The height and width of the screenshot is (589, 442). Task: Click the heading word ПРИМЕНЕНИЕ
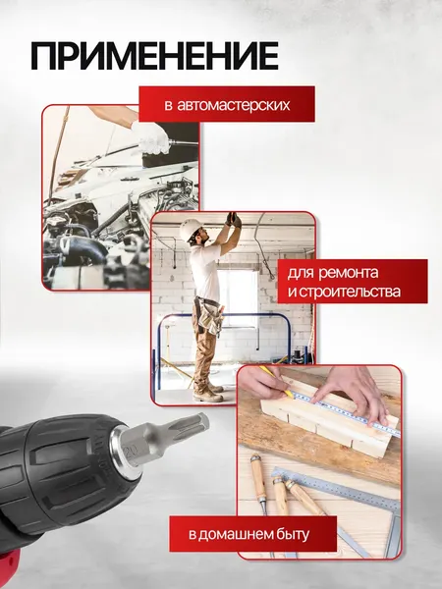coord(153,56)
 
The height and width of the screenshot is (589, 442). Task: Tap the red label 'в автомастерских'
coord(226,102)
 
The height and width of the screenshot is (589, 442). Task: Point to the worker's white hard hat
coord(190,228)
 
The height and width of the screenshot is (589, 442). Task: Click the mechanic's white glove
coord(153,138)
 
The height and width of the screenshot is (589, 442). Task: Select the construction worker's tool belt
coord(207,316)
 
